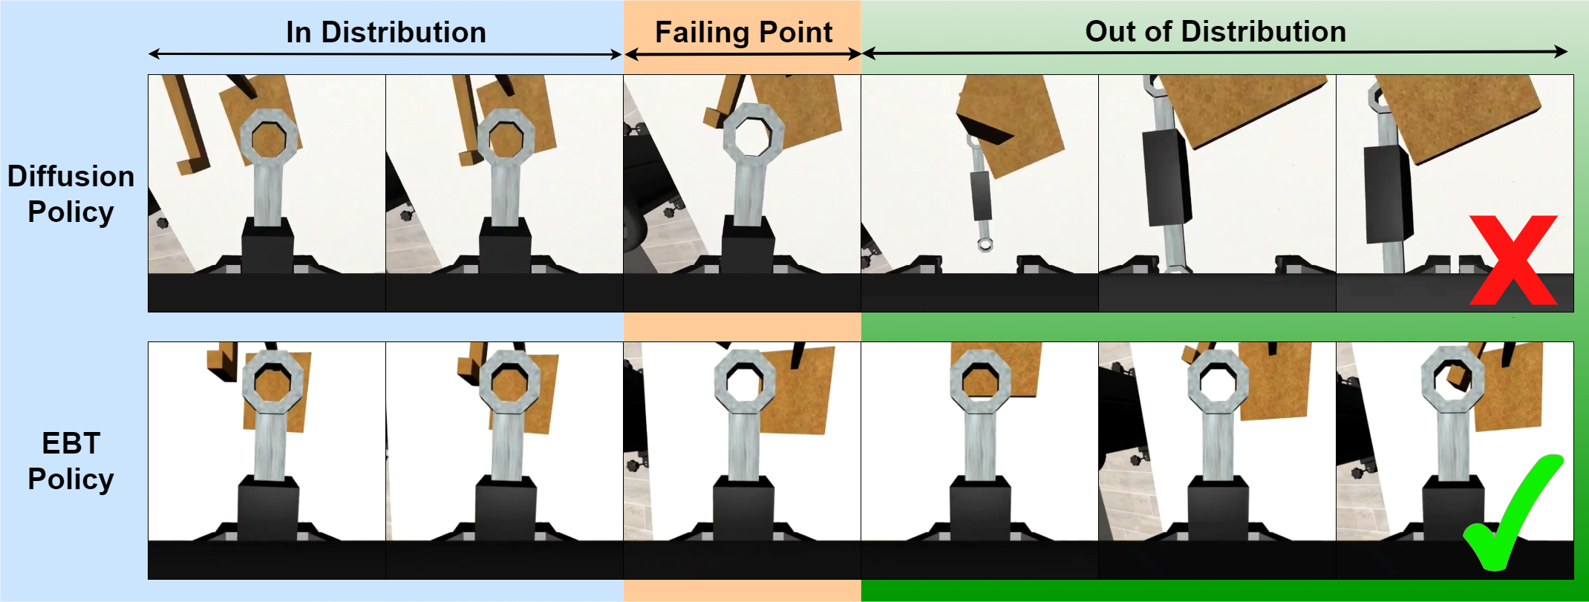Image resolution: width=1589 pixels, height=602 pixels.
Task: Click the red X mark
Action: point(1513,260)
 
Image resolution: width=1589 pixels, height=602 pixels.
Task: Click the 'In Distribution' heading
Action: point(386,33)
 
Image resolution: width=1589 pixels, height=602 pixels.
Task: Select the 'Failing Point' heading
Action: point(743,33)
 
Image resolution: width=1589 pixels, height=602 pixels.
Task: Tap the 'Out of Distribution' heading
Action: point(1216,32)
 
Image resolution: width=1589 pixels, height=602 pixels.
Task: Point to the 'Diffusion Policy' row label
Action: point(71,194)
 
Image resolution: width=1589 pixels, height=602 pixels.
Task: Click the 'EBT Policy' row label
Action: point(71,461)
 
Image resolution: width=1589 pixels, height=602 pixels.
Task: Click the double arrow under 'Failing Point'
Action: point(743,53)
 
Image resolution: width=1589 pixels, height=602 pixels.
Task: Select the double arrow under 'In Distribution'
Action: point(385,54)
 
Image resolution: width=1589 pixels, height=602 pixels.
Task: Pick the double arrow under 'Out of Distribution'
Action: point(1215,52)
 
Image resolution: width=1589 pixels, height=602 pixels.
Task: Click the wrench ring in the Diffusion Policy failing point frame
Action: point(753,132)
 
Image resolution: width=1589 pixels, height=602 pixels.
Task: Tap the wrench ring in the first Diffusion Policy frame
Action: point(268,139)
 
